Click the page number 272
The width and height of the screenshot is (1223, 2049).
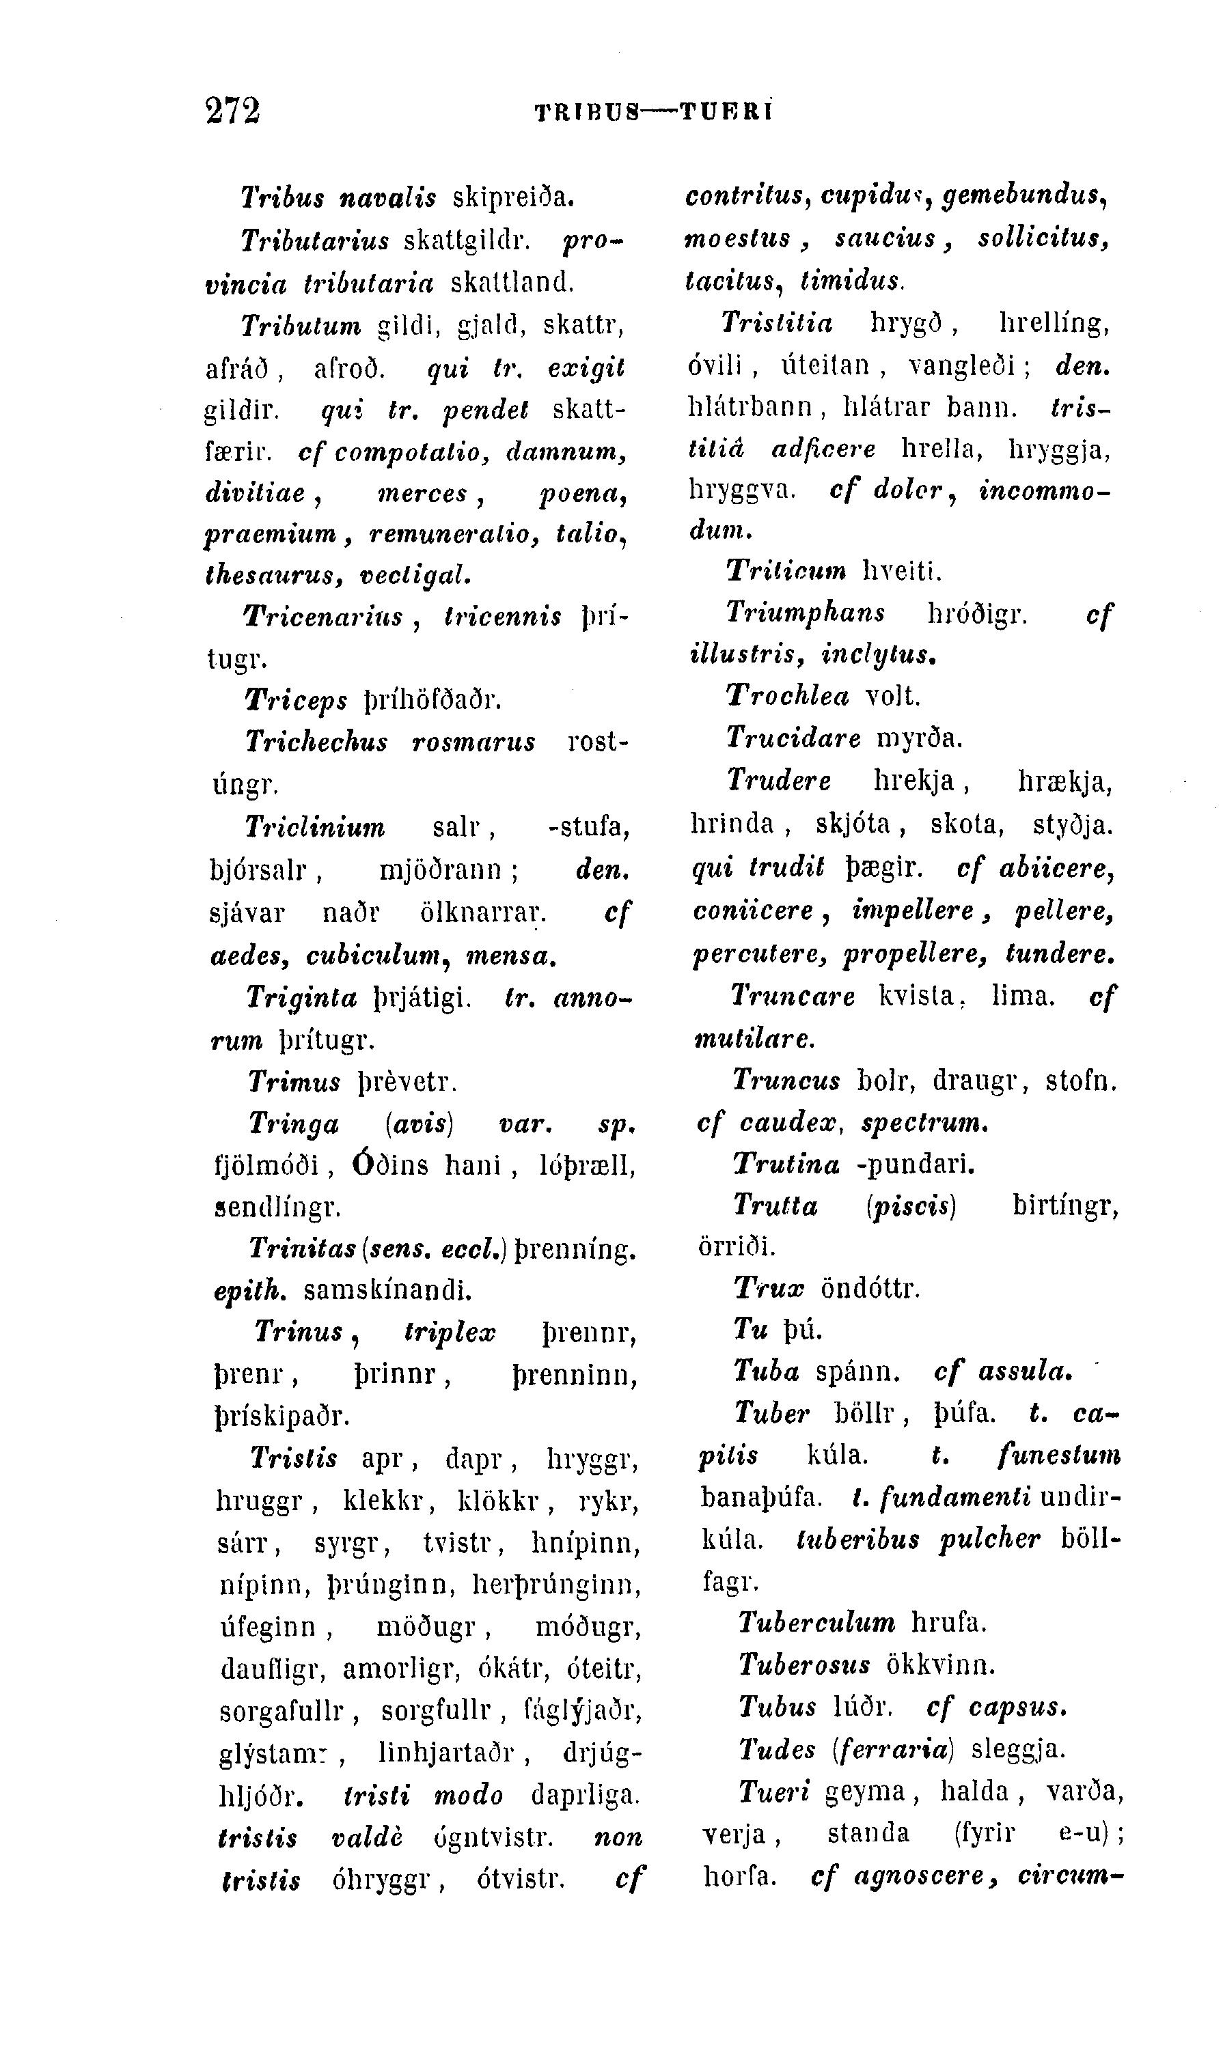tap(232, 111)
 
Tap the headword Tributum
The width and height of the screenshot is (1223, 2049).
tap(301, 326)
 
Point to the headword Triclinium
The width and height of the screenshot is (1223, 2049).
tap(315, 826)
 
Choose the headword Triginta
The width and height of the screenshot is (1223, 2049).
tap(301, 998)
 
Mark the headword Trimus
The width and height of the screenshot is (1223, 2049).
tap(294, 1081)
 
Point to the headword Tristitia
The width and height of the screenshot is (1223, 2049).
tap(776, 322)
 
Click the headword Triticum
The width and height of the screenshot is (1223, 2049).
tap(786, 570)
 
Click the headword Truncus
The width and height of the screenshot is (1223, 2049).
tap(786, 1079)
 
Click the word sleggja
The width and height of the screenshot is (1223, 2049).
tap(1019, 1748)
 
